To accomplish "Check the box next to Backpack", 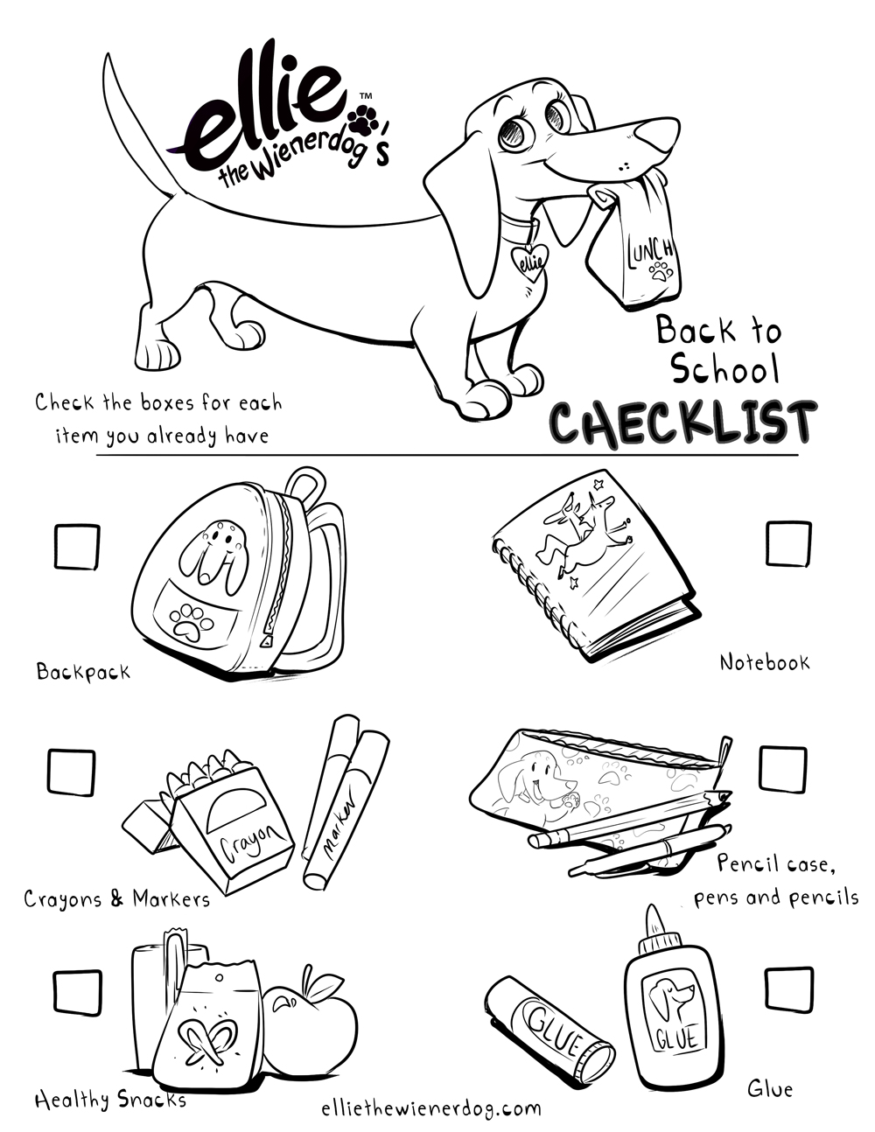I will click(x=77, y=546).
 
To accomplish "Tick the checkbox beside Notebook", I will click(x=788, y=543).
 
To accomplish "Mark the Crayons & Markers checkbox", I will click(x=70, y=771).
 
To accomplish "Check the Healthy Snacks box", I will click(x=77, y=993).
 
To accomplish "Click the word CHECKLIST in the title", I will click(x=683, y=423).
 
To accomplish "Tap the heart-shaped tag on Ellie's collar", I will click(x=529, y=261).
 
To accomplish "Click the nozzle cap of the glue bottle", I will click(x=654, y=926).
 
